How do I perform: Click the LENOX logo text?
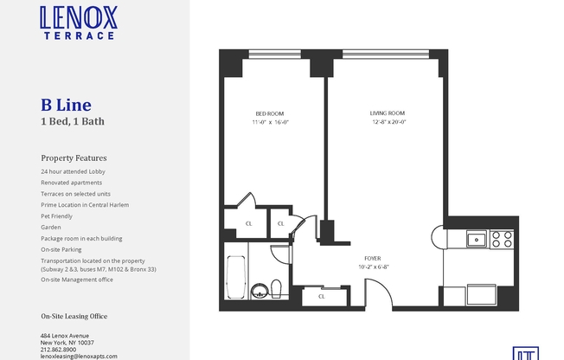click(78, 17)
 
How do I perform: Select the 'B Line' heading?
click(65, 106)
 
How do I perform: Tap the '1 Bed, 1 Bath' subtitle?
click(73, 121)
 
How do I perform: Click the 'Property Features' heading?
click(74, 158)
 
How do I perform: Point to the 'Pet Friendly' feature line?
click(57, 215)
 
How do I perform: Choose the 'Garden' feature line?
click(51, 227)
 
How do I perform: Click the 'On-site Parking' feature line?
click(61, 249)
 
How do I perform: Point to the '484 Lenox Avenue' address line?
click(65, 336)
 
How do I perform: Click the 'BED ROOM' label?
click(269, 113)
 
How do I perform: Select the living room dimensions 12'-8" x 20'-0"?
click(388, 122)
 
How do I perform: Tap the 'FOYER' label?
click(373, 258)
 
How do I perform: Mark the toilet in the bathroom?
click(274, 288)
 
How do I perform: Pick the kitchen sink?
click(475, 239)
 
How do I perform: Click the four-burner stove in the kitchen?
click(503, 239)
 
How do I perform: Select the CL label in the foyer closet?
click(322, 296)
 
